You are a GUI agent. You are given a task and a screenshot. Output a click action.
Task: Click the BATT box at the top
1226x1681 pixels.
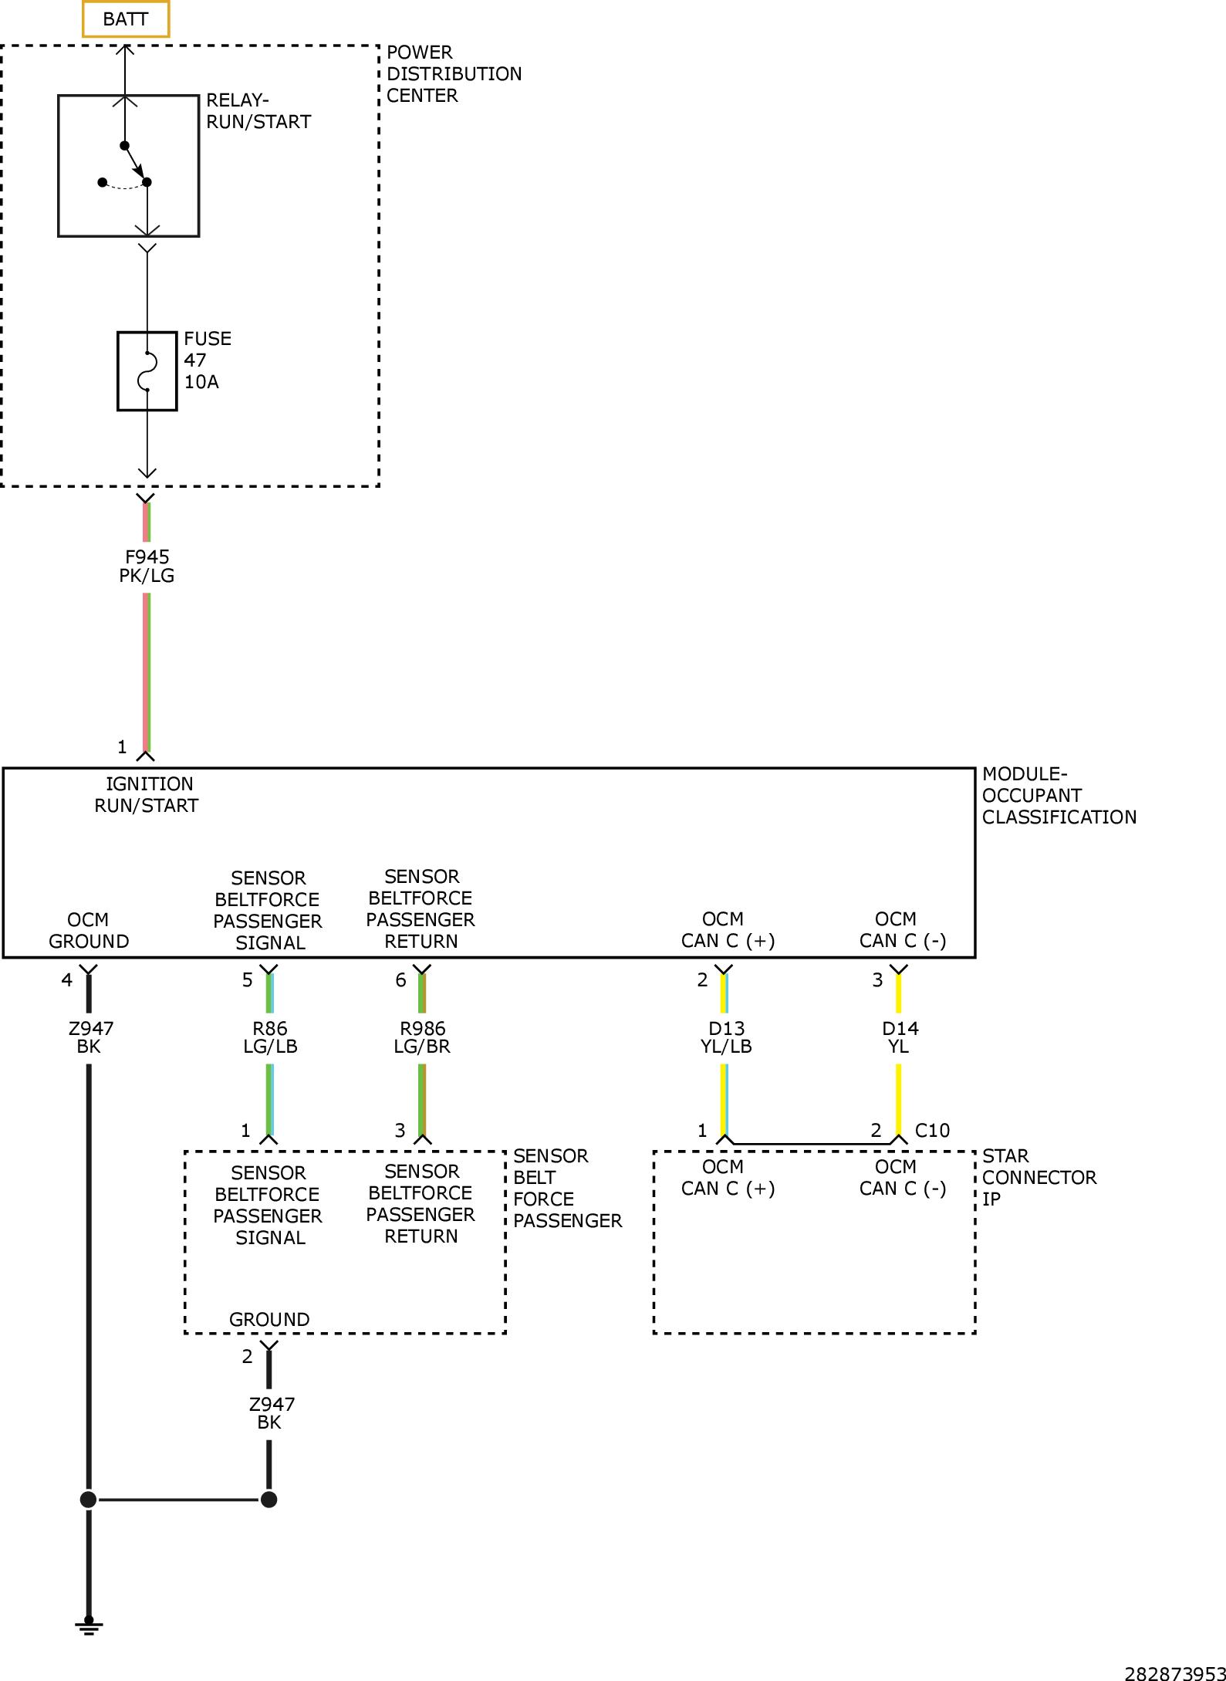(126, 19)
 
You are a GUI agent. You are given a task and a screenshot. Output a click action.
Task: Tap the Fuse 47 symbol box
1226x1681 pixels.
(147, 371)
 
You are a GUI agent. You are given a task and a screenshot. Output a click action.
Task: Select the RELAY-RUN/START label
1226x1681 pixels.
(258, 111)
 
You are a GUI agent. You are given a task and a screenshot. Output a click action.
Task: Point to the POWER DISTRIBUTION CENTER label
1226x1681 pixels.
(453, 74)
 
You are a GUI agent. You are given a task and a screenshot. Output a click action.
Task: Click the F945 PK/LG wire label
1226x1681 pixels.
(147, 567)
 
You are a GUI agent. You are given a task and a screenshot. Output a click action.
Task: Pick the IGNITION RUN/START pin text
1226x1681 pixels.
(147, 795)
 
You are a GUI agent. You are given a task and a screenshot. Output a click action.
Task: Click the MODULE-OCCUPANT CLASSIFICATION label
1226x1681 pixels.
(1058, 796)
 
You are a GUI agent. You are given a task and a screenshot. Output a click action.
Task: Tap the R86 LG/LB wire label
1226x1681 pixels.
(270, 1037)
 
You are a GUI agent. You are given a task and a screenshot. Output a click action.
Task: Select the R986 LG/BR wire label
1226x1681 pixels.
(422, 1037)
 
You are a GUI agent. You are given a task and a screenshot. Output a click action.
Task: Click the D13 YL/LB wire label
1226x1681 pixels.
(726, 1037)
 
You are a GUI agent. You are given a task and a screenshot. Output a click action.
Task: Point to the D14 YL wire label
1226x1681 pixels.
(900, 1037)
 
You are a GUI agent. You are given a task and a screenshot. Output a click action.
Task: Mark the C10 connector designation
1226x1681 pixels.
(932, 1131)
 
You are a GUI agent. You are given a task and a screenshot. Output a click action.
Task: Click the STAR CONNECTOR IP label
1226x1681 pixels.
(1038, 1177)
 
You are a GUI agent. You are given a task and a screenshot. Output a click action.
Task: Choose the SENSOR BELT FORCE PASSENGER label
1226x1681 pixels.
(566, 1188)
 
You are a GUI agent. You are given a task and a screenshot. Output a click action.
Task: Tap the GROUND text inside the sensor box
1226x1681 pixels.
(269, 1319)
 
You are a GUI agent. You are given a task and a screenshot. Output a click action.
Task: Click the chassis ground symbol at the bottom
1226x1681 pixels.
(89, 1627)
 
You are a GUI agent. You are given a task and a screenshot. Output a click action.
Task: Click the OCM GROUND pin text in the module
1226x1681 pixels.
(89, 930)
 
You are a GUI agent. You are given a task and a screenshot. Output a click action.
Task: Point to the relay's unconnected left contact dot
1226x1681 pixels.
(103, 182)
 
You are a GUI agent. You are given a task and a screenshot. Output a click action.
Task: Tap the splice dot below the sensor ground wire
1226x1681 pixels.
(269, 1500)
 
